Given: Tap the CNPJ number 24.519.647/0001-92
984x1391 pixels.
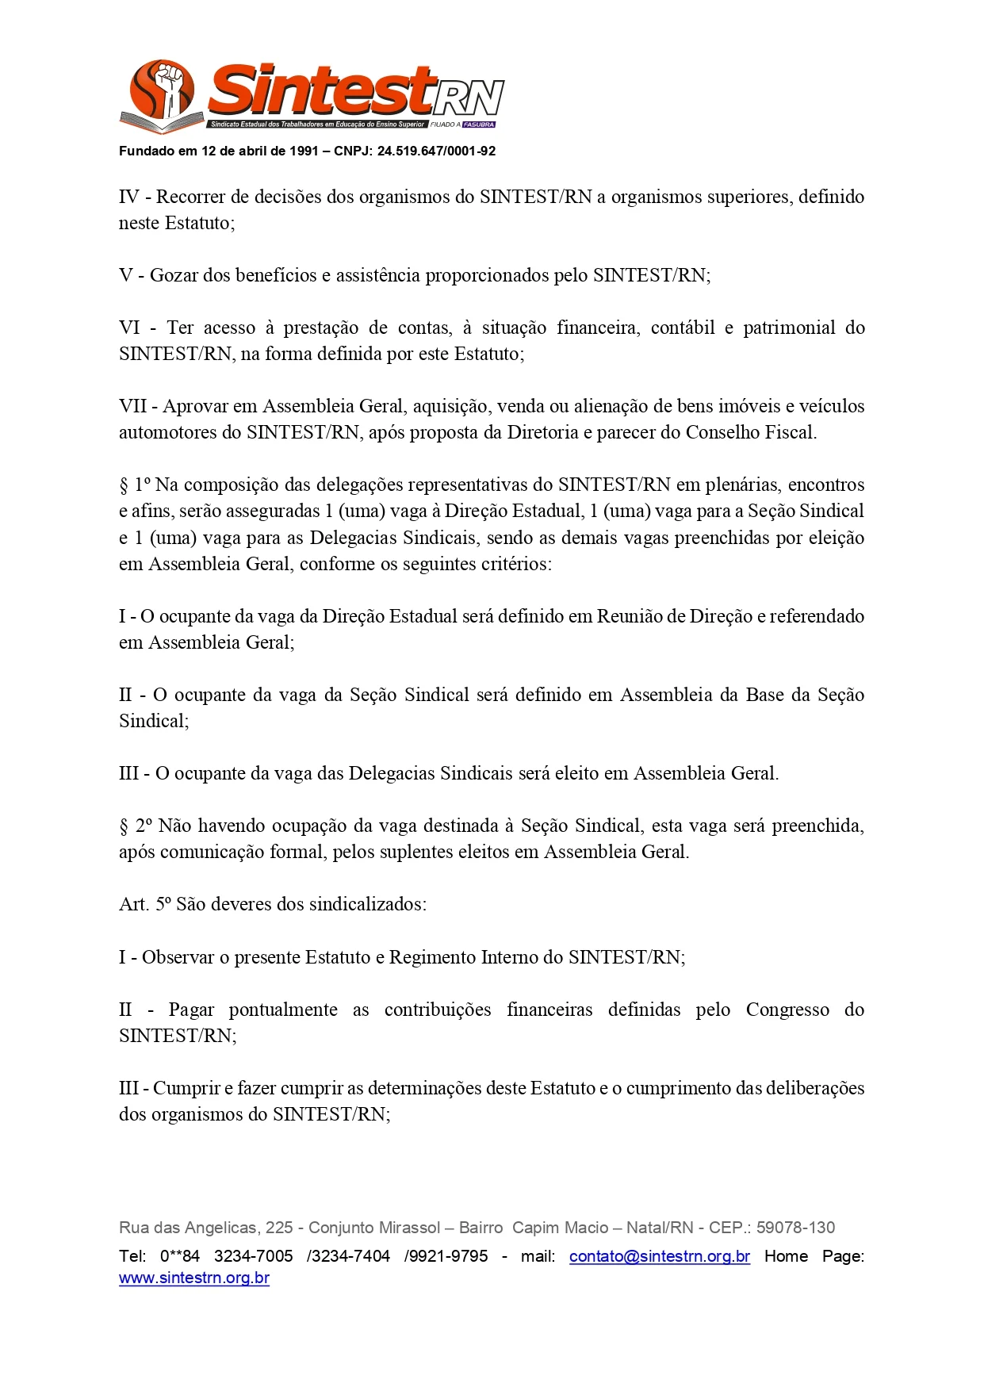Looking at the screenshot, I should pos(436,151).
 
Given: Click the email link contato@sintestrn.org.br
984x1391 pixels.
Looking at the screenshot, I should pos(659,1256).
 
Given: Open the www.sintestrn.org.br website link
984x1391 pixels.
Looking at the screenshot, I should pos(194,1278).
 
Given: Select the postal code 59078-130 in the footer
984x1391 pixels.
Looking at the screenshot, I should pos(795,1228).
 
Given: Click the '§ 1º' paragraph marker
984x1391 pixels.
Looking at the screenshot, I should pos(135,485).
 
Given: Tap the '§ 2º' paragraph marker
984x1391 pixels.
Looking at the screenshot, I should pos(135,826).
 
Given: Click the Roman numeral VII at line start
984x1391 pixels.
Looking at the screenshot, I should pos(133,406).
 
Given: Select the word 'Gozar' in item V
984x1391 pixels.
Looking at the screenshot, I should pos(174,275).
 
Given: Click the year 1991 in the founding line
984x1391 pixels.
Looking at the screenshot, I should pos(304,151).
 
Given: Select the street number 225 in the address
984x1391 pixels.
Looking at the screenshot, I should pos(279,1228).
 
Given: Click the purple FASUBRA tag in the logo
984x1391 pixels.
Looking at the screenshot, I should pos(479,125).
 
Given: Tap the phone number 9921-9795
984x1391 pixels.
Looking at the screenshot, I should pos(449,1256).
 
